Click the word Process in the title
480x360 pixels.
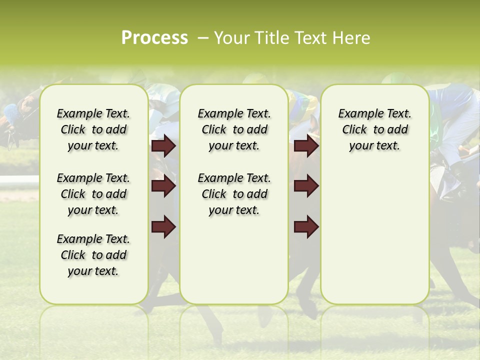(154, 37)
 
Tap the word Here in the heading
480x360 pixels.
(352, 37)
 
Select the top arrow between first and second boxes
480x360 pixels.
(163, 146)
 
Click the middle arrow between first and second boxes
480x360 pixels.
(163, 186)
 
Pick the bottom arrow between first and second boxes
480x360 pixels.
(163, 226)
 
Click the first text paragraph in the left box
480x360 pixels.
(93, 129)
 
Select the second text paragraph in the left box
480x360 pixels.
(93, 194)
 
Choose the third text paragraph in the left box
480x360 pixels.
(93, 255)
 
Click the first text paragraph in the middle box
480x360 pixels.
(234, 129)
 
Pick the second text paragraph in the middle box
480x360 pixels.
(234, 194)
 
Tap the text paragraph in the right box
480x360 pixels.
(374, 129)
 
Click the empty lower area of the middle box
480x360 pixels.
(234, 260)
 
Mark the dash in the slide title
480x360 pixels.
(202, 37)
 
